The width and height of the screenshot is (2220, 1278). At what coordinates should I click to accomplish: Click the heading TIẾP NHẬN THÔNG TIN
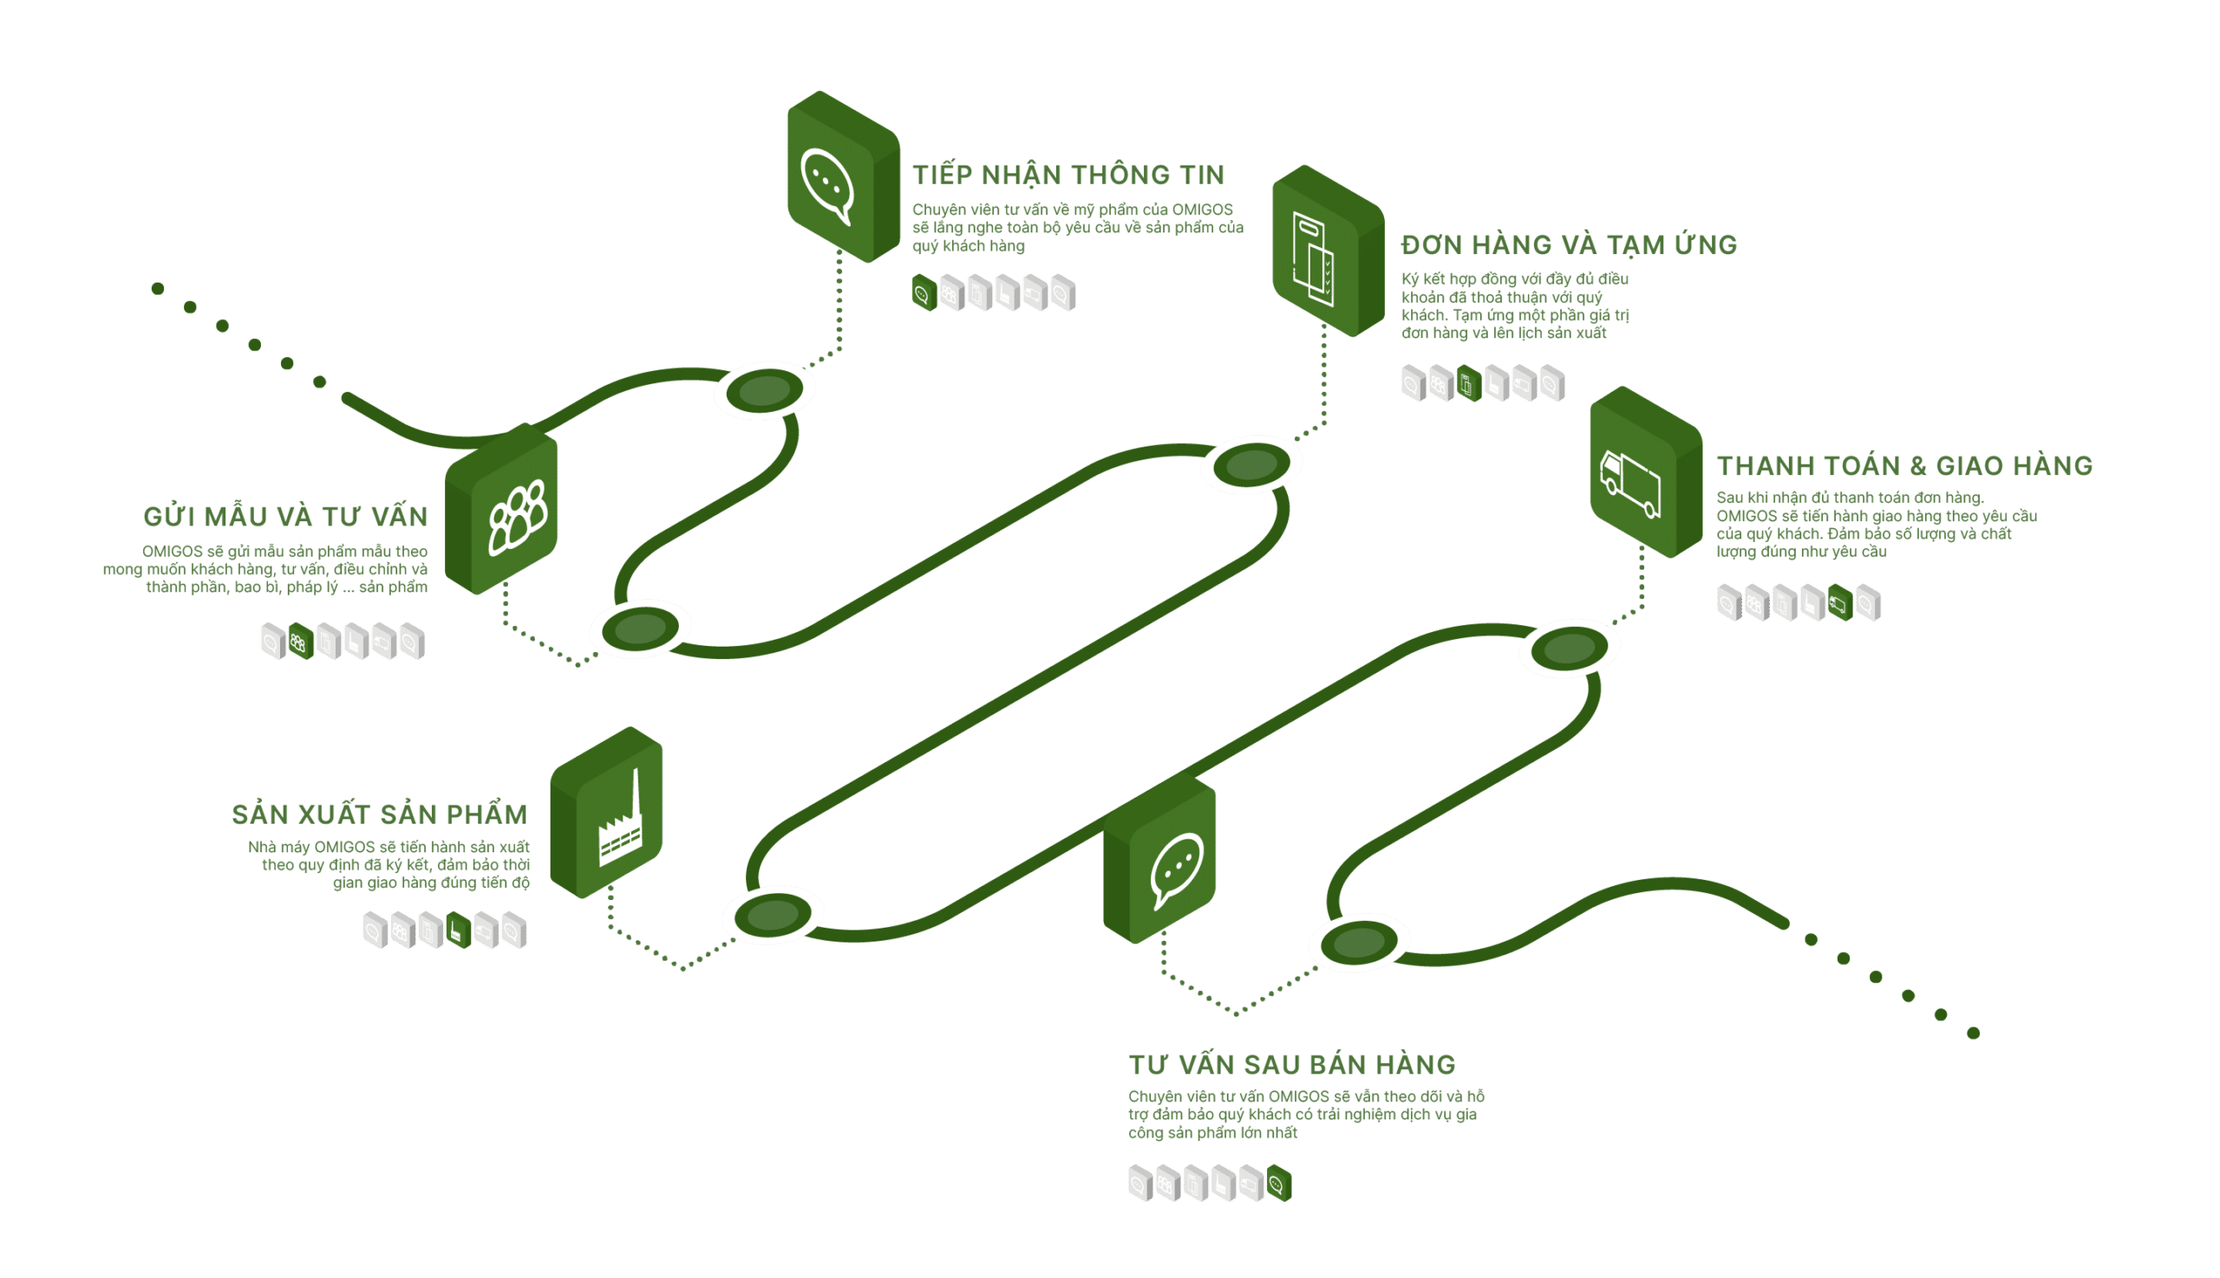pos(1068,173)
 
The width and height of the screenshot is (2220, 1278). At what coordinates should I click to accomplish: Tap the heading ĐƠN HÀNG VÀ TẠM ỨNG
pos(1569,244)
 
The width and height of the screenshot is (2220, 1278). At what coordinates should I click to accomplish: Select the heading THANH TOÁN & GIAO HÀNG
pos(1905,466)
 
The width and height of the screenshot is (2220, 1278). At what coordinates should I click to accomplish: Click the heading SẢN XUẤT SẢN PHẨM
pos(380,813)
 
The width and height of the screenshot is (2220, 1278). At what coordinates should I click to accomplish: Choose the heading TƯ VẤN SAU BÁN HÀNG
pos(1292,1064)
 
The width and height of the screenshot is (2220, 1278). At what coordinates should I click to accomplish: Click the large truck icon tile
pos(1646,473)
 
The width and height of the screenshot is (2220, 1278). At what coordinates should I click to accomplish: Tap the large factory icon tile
pos(606,812)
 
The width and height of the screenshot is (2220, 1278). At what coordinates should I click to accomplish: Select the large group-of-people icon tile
pos(501,509)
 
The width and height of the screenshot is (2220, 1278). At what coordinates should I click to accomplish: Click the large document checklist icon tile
pos(1329,251)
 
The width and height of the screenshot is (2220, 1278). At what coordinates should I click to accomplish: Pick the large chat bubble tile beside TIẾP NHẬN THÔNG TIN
pos(844,176)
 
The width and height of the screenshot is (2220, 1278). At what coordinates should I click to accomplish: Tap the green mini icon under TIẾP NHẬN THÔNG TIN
pos(924,292)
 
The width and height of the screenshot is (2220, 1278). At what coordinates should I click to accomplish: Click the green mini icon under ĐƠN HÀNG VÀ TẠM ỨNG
pos(1470,383)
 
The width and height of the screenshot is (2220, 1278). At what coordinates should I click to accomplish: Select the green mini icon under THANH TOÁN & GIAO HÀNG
pos(1840,603)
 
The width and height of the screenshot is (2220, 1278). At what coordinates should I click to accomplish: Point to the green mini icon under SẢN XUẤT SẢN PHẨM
pos(458,930)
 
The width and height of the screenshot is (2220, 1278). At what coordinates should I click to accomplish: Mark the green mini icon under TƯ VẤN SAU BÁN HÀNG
pos(1279,1183)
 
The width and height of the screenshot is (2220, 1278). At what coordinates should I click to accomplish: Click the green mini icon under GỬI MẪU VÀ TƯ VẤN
pos(301,642)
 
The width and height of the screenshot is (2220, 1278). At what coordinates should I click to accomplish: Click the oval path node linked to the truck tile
pos(1570,649)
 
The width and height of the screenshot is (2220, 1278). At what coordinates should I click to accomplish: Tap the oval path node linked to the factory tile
pos(773,915)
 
